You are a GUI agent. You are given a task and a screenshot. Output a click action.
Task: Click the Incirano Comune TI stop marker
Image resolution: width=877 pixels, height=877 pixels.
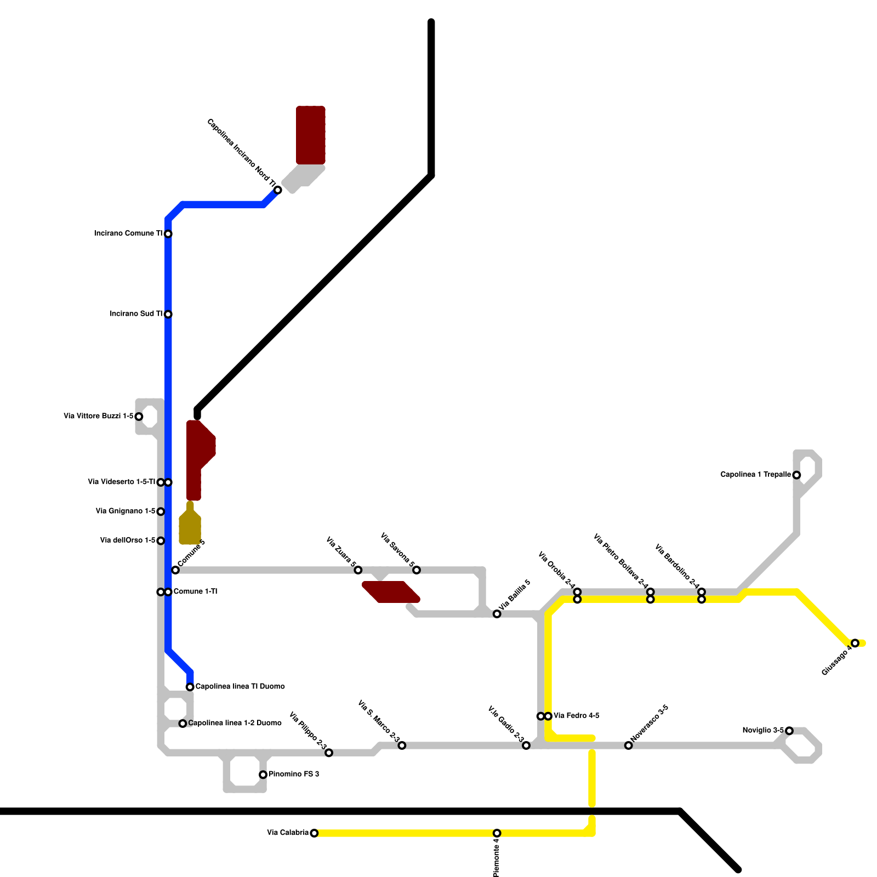pos(168,234)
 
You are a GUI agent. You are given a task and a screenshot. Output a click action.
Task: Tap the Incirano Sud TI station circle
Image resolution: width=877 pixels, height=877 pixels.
pos(168,314)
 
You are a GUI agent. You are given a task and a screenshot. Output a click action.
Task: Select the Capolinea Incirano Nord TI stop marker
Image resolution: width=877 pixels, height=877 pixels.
pos(278,190)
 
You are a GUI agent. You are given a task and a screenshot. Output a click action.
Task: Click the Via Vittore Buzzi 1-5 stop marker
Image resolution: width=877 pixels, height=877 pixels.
pos(139,417)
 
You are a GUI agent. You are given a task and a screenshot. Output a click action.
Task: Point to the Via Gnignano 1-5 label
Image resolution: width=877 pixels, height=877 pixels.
pos(126,511)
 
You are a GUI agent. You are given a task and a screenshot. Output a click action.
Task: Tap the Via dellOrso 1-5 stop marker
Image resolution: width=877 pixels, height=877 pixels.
pos(161,541)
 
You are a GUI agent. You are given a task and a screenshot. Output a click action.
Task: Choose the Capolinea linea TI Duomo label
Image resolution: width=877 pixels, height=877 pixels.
pos(240,686)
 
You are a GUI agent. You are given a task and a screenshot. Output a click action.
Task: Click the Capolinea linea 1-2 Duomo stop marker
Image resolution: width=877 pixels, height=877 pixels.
pos(183,724)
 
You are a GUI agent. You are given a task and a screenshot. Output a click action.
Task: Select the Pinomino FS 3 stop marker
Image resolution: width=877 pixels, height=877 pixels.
pos(263,775)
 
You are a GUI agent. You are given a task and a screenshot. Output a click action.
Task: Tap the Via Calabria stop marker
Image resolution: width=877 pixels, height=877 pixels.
pos(314,833)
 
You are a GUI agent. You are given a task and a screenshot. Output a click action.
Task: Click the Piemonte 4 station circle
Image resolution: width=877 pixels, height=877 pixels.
pos(497,833)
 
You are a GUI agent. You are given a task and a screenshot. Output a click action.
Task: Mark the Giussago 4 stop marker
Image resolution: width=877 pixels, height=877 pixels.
pos(855,643)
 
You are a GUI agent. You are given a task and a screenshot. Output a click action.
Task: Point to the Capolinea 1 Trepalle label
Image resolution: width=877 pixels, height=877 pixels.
pos(755,475)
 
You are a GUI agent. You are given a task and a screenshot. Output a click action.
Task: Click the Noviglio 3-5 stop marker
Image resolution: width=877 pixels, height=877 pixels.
pos(789,731)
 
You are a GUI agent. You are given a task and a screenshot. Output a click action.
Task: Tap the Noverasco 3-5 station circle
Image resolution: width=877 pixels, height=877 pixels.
pos(629,745)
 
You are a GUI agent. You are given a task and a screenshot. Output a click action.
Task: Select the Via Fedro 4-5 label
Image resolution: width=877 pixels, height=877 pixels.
pos(576,716)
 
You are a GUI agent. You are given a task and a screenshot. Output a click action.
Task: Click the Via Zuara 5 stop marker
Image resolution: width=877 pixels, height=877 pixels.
pos(358,570)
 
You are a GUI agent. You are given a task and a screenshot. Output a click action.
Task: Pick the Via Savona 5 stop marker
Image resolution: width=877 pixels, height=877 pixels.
pos(417,570)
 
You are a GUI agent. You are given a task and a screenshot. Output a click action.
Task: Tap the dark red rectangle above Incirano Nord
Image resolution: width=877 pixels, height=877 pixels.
pos(311,135)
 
